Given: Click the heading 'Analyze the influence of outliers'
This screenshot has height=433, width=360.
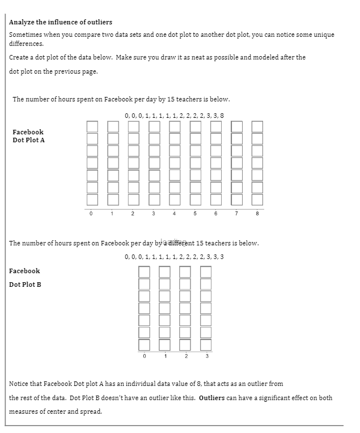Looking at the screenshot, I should pos(61,22).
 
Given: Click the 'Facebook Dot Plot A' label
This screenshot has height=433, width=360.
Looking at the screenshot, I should pos(28,136).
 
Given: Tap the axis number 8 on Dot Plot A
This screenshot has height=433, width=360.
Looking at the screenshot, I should pos(257,214).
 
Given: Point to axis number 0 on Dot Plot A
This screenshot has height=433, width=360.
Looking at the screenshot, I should pos(91,214).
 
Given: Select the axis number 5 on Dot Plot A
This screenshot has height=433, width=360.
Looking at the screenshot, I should pos(194,214).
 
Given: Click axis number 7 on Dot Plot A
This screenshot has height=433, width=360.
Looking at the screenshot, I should pos(236,214).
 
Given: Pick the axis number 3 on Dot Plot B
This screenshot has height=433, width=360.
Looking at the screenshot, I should pos(206,356).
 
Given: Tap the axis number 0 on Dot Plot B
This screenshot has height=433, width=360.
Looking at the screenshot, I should pos(145,356).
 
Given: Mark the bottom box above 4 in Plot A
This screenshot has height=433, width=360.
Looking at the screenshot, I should pos(175,200).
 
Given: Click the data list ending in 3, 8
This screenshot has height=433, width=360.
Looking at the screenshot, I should pos(174,116).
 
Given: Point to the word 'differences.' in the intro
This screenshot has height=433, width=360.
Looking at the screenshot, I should pos(27,43).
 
